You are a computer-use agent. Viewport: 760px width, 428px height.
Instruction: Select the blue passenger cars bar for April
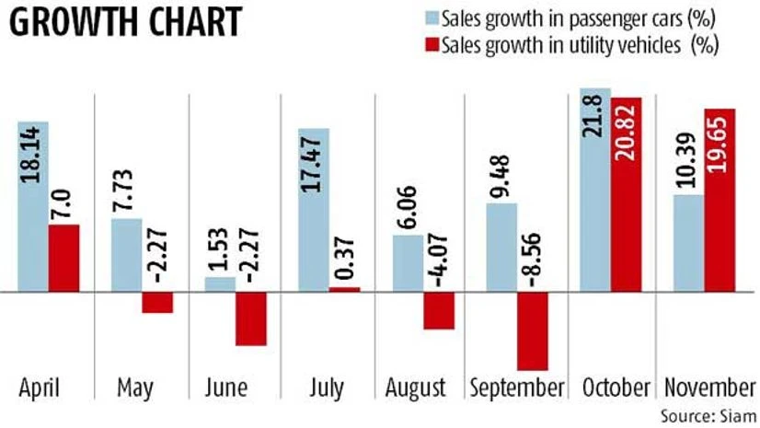(32, 206)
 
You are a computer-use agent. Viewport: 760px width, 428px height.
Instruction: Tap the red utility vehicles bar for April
(63, 259)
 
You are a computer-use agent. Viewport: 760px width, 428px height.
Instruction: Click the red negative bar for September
(533, 330)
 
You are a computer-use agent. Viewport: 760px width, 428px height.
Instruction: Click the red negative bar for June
(251, 318)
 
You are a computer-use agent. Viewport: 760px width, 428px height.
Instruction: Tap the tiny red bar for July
(345, 289)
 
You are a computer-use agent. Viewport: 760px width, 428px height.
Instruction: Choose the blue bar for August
(408, 263)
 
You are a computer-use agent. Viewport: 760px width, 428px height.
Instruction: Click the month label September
(516, 388)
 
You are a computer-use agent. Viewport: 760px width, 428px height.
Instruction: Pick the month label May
(135, 388)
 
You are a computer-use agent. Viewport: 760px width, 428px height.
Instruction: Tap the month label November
(705, 388)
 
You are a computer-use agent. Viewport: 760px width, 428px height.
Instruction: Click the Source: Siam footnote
(704, 415)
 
